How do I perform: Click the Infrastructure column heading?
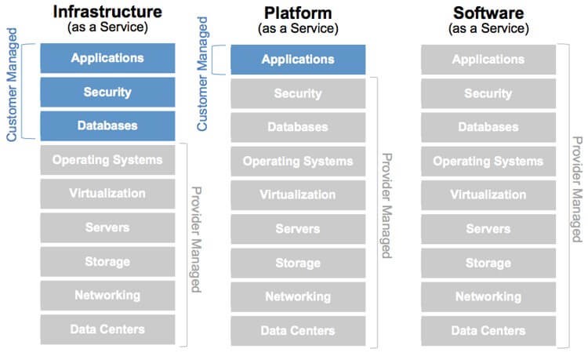coord(107,13)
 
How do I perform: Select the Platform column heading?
coord(298,13)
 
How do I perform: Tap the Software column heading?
coord(488,13)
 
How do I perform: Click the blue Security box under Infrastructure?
coord(107,93)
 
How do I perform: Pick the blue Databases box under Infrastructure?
coord(107,125)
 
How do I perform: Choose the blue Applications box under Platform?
coord(298,60)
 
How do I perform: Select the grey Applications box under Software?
coord(488,60)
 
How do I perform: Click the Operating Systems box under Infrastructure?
coord(107,160)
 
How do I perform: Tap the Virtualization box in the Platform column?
coord(298,195)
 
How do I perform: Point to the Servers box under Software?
coord(488,229)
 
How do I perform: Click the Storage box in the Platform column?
coord(298,263)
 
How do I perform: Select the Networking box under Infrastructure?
coord(107,296)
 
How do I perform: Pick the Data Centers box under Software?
coord(488,331)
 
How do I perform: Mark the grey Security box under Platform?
coord(298,93)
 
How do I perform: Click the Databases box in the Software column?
coord(488,127)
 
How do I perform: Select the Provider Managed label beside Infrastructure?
coord(196,239)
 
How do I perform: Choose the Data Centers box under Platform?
coord(298,331)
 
